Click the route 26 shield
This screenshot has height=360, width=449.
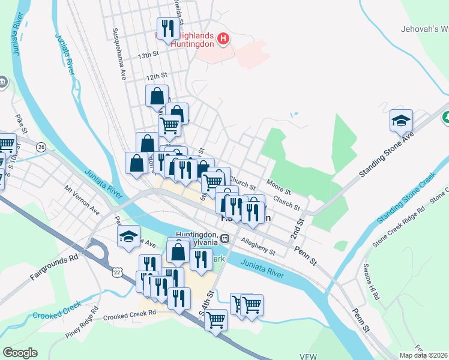[x=41, y=146]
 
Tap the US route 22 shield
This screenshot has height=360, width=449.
[x=116, y=272]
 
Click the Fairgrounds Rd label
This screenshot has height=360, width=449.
[x=55, y=267]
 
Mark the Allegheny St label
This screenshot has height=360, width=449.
[x=258, y=247]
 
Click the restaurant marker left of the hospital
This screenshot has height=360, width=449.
[x=167, y=28]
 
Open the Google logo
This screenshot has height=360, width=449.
[x=20, y=353]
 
